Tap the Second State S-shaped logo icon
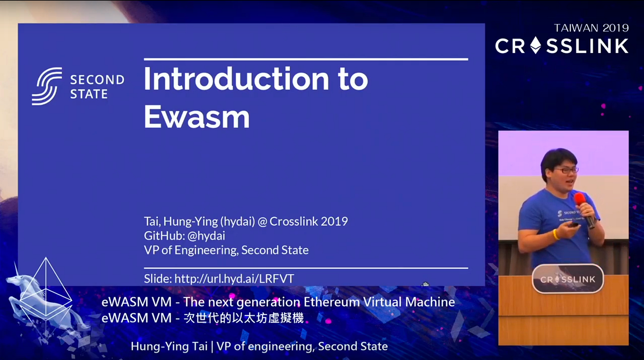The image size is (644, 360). (47, 86)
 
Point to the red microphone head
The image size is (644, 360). (580, 200)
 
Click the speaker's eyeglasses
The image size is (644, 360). (567, 170)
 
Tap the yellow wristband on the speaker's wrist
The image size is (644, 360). (557, 234)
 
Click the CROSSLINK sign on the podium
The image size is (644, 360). (567, 280)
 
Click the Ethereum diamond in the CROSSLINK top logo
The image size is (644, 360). (536, 46)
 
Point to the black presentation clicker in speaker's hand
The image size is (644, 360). (573, 226)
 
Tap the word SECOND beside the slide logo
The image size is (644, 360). (97, 80)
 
